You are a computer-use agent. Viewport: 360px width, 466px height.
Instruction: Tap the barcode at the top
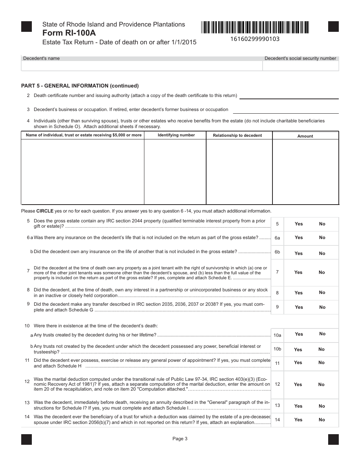pyautogui.click(x=255, y=28)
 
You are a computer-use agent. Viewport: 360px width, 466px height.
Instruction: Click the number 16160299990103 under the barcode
pyautogui.click(x=255, y=39)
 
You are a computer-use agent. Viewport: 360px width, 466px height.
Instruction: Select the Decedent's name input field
pyautogui.click(x=142, y=66)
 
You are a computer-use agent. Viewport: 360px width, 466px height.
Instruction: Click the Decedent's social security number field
pyautogui.click(x=301, y=66)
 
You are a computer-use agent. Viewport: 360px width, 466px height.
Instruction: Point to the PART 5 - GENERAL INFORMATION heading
pyautogui.click(x=80, y=86)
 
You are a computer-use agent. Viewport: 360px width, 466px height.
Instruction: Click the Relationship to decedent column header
pyautogui.click(x=237, y=135)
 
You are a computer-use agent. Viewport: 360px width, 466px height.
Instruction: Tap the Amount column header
pyautogui.click(x=305, y=136)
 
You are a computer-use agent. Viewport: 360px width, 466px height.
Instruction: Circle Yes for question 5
pyautogui.click(x=299, y=224)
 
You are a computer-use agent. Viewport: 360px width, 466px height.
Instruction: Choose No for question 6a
pyautogui.click(x=322, y=238)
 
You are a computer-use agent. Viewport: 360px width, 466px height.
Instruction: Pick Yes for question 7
pyautogui.click(x=298, y=272)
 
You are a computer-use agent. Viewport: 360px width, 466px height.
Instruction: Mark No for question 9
pyautogui.click(x=322, y=307)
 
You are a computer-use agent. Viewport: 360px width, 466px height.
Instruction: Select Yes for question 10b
pyautogui.click(x=298, y=350)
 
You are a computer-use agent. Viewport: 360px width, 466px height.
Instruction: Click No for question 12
pyautogui.click(x=321, y=385)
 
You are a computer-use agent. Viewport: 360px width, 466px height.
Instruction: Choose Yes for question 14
pyautogui.click(x=298, y=420)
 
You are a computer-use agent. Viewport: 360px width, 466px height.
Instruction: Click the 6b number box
pyautogui.click(x=277, y=252)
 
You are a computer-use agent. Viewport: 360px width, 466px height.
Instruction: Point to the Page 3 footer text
pyautogui.click(x=180, y=439)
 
